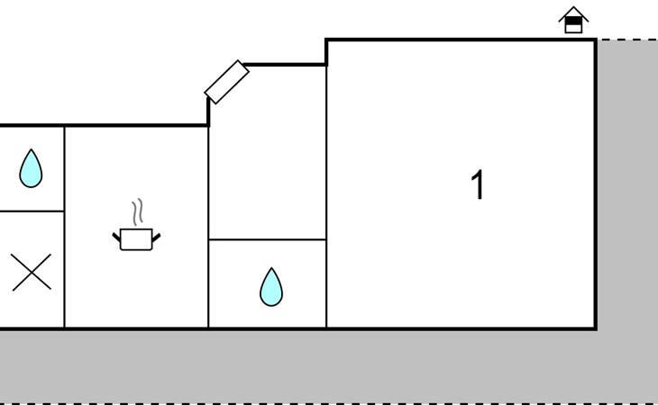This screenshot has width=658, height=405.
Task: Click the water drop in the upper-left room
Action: (31, 168)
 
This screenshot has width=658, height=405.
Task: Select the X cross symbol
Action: (32, 272)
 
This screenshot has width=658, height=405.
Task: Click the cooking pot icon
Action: (136, 239)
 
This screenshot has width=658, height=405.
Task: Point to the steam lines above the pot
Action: (138, 211)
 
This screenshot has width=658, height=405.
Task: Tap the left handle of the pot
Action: (116, 238)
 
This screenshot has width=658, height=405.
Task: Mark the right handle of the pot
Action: (156, 238)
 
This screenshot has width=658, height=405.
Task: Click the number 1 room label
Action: (478, 184)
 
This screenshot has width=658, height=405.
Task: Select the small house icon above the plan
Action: (573, 20)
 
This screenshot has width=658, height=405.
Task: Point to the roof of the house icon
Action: (573, 13)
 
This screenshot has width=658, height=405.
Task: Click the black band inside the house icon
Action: (573, 21)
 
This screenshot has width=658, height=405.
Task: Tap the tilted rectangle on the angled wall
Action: (226, 82)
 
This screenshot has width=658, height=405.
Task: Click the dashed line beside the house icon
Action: (627, 40)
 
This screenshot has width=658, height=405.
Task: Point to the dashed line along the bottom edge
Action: (329, 404)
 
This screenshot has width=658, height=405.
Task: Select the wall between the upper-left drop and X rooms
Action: (32, 211)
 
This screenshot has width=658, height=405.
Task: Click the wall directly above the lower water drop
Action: (268, 239)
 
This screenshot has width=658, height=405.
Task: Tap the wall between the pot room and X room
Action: (64, 227)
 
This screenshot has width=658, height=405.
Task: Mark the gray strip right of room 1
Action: (627, 184)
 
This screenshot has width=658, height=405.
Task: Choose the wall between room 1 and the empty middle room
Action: (326, 197)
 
